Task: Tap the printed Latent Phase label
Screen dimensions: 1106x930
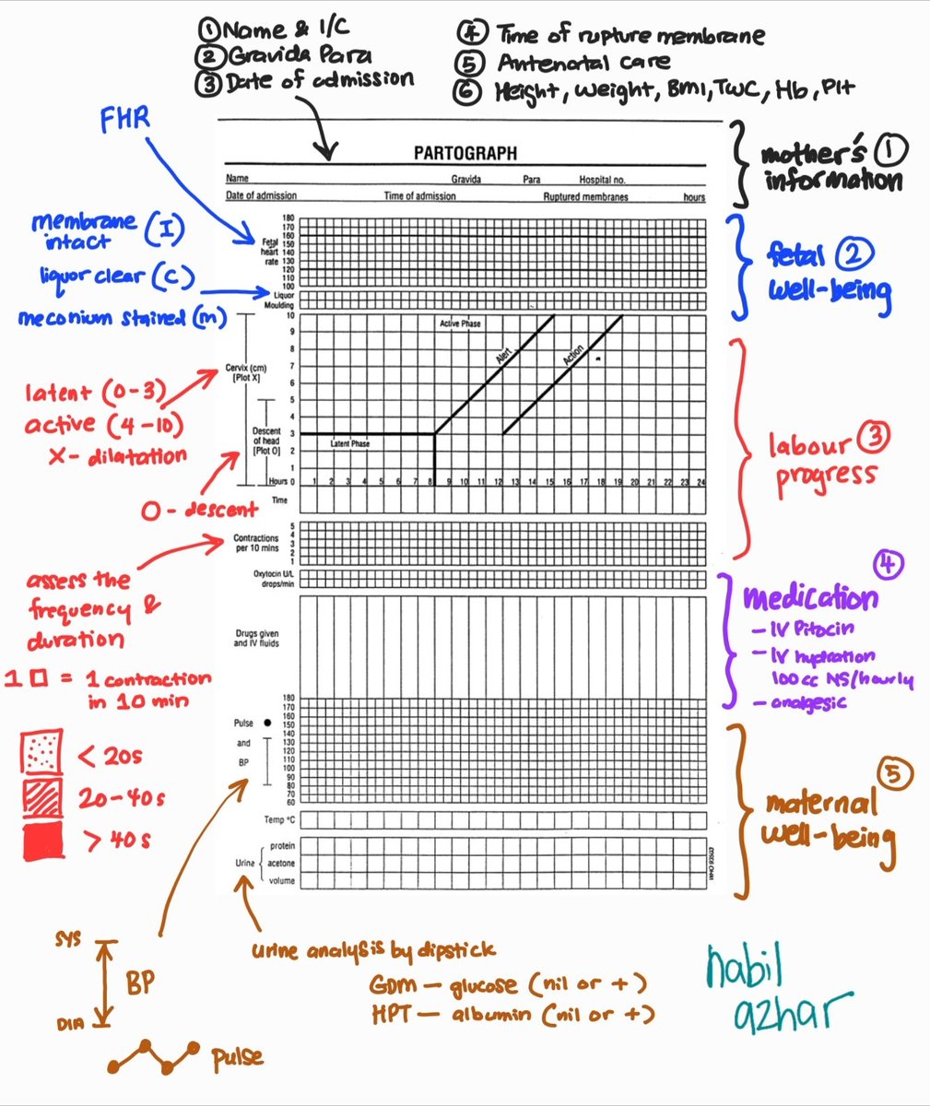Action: [x=349, y=444]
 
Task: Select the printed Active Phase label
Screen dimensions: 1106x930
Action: [x=460, y=324]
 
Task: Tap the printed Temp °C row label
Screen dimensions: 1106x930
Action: [x=280, y=819]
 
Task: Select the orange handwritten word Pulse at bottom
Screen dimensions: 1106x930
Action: [x=238, y=1057]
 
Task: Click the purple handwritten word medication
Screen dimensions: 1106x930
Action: [x=810, y=599]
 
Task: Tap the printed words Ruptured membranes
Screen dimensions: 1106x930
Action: [x=585, y=196]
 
